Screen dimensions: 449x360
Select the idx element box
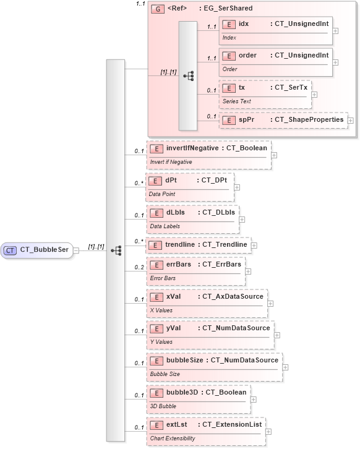click(x=275, y=29)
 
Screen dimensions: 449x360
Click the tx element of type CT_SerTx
click(x=265, y=93)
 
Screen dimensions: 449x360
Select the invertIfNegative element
click(x=208, y=154)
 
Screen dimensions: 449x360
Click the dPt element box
click(x=189, y=186)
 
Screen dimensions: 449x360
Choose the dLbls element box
click(x=192, y=218)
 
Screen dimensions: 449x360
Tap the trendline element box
click(x=198, y=245)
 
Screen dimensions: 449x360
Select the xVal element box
click(x=207, y=302)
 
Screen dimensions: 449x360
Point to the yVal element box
click(x=210, y=334)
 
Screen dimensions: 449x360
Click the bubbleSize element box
click(x=213, y=366)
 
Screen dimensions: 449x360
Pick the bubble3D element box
click(x=198, y=398)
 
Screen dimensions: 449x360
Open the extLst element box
click(x=205, y=430)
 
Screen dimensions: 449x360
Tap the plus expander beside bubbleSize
click(x=285, y=366)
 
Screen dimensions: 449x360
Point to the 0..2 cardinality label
click(x=139, y=267)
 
